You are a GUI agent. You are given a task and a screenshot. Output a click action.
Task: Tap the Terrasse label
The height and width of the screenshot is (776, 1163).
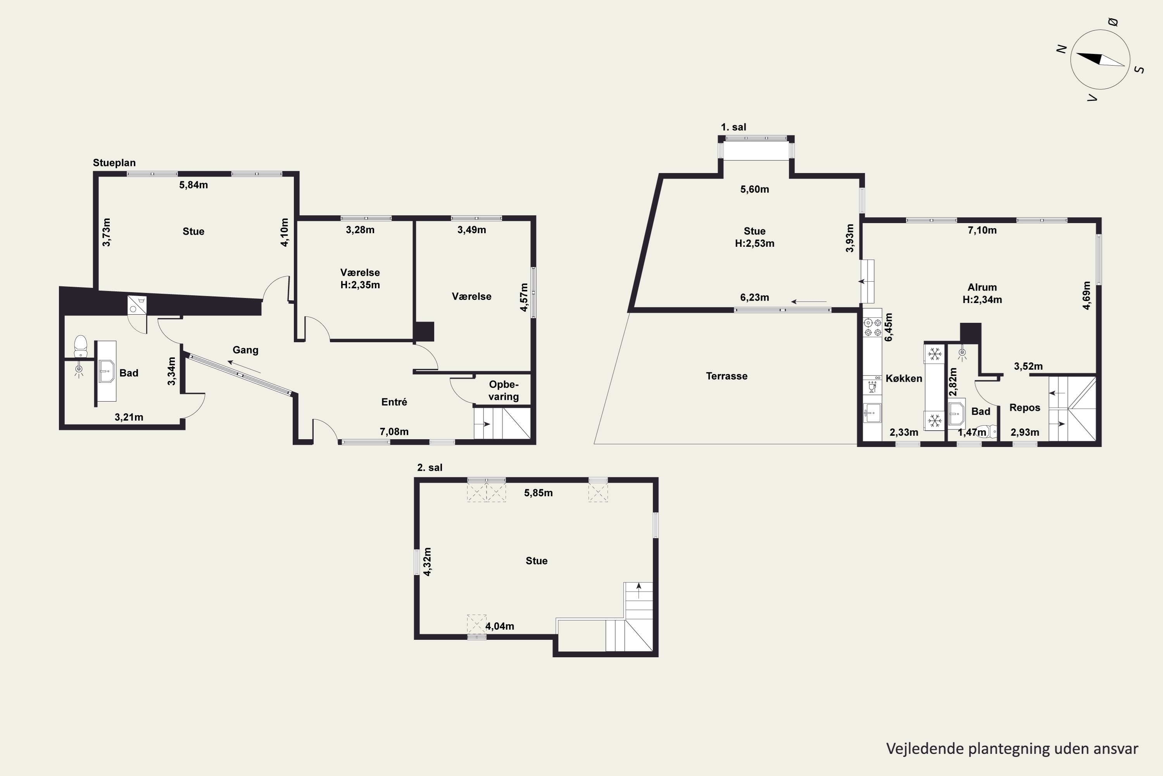tap(726, 376)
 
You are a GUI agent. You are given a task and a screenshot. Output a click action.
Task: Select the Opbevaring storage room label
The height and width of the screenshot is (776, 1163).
tap(503, 390)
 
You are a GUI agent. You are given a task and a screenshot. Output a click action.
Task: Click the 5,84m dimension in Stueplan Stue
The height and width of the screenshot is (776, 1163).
tap(193, 185)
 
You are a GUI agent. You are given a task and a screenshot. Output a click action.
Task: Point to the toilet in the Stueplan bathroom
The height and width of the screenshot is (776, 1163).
tap(81, 346)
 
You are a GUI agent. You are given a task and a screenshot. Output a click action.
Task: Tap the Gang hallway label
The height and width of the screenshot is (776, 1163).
tap(245, 350)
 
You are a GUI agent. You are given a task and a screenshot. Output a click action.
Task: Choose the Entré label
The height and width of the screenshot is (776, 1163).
tap(394, 402)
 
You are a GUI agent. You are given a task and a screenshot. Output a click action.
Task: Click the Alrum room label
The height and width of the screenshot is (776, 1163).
tap(982, 287)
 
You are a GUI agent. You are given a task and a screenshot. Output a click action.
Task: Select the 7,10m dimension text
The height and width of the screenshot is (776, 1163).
tap(982, 230)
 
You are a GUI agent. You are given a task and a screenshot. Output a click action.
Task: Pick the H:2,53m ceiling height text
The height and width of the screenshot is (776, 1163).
tap(754, 244)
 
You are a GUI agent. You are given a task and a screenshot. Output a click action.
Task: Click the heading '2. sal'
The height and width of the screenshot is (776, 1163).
tap(430, 468)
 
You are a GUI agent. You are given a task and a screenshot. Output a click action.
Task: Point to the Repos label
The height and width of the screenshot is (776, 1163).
tap(1025, 408)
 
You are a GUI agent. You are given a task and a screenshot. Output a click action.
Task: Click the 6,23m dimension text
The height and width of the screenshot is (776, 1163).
tap(754, 298)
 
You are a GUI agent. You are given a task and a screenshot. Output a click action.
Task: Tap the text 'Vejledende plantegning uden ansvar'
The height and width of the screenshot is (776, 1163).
tap(1012, 749)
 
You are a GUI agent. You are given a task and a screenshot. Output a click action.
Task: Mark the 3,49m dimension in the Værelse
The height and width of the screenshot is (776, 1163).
tap(472, 230)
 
